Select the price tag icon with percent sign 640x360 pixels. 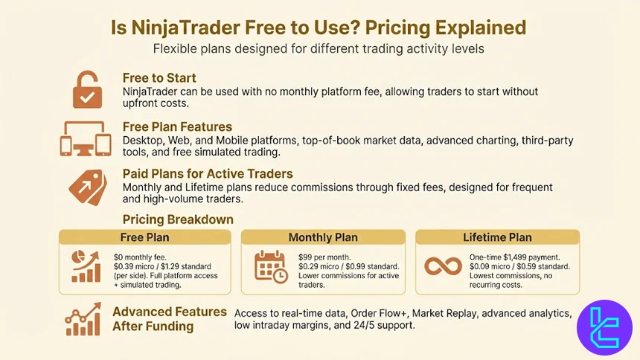pyautogui.click(x=87, y=186)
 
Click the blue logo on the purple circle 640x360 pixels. pyautogui.click(x=604, y=327)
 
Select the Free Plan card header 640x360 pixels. pyautogui.click(x=144, y=237)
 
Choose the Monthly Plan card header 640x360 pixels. pyautogui.click(x=323, y=237)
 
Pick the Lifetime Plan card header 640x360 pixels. pyautogui.click(x=497, y=237)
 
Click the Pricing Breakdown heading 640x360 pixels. pyautogui.click(x=178, y=219)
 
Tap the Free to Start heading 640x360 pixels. pyautogui.click(x=160, y=77)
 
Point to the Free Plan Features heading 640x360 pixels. pyautogui.click(x=177, y=126)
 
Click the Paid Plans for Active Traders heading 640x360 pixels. pyautogui.click(x=208, y=173)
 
